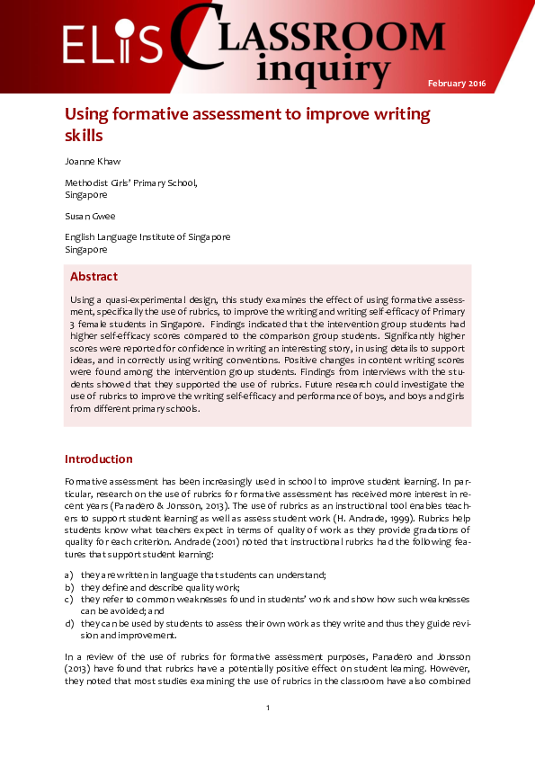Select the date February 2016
pos(457,84)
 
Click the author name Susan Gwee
pos(90,217)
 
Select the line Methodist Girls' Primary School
pos(130,183)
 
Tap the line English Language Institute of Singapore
pos(147,236)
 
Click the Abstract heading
pos(94,276)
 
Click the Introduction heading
pos(99,459)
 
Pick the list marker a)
pos(69,574)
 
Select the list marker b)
pos(69,586)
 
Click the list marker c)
pos(69,598)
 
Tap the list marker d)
pos(69,622)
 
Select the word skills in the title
pos(84,136)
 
